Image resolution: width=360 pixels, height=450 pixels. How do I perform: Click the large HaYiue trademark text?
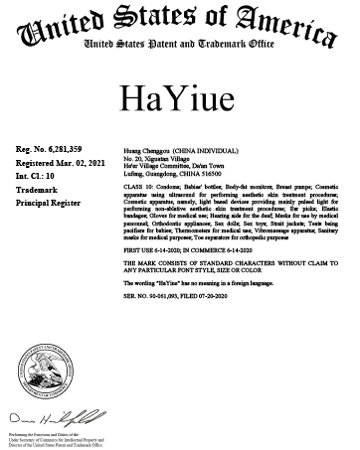pos(179,95)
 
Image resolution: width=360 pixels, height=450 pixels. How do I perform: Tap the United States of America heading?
pos(180,23)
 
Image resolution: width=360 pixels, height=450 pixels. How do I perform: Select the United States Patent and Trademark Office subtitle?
pos(180,47)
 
